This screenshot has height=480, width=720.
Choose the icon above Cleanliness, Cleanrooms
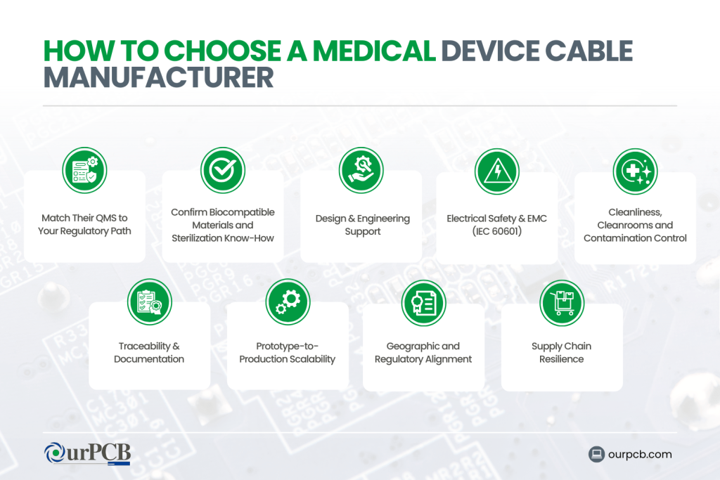pyautogui.click(x=635, y=171)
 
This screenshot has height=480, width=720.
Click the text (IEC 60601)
pyautogui.click(x=496, y=231)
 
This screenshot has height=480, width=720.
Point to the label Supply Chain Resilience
pyautogui.click(x=562, y=353)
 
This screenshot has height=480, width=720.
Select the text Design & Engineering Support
pyautogui.click(x=362, y=225)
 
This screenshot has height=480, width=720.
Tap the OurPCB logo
pyautogui.click(x=87, y=453)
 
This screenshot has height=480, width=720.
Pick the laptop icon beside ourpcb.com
pyautogui.click(x=597, y=454)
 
